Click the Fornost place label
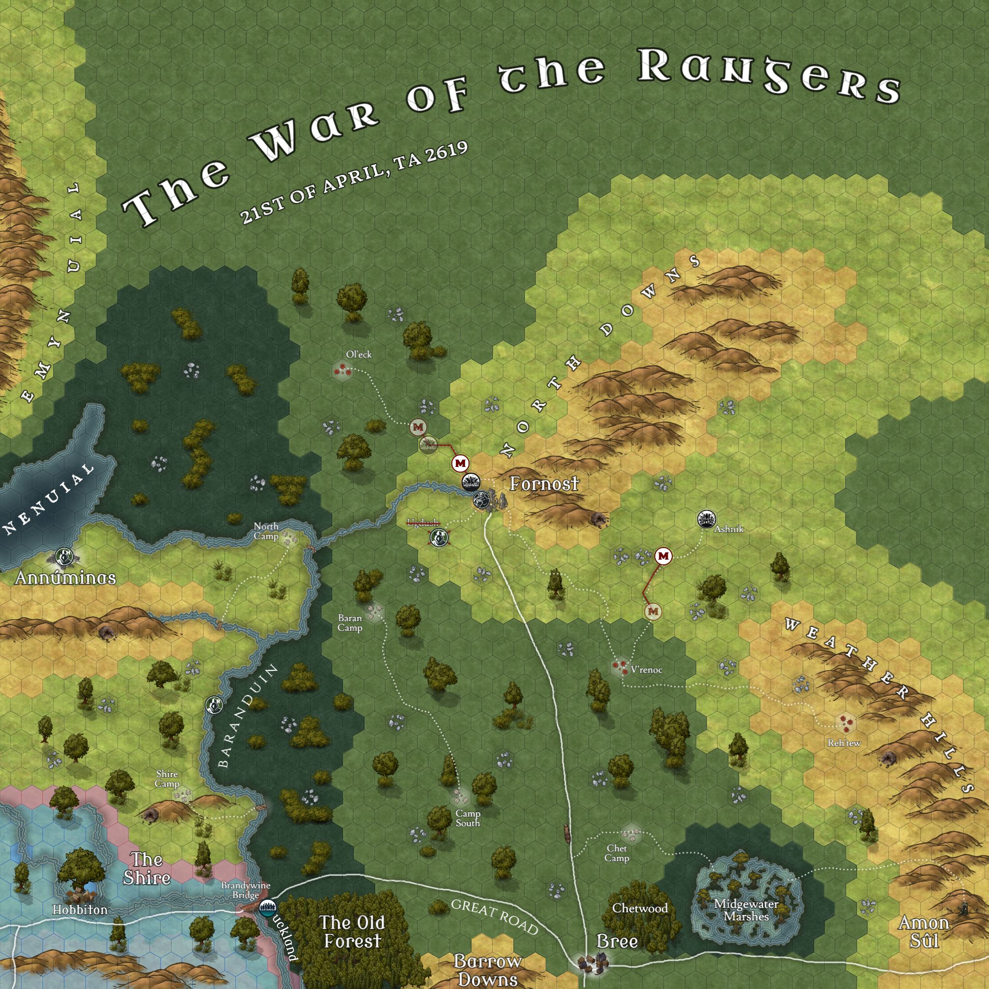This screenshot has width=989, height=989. click(544, 484)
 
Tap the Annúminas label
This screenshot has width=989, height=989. click(66, 578)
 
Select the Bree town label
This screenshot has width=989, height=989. click(617, 941)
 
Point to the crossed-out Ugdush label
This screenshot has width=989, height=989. click(423, 523)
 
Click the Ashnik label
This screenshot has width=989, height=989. click(728, 529)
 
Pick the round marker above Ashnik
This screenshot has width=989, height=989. click(706, 519)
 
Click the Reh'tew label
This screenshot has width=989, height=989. click(844, 743)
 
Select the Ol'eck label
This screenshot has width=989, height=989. click(359, 354)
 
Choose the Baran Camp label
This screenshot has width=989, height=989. click(350, 623)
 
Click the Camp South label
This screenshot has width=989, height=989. click(468, 818)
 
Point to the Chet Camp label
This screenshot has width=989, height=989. click(617, 853)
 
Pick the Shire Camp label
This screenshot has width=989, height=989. click(167, 778)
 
